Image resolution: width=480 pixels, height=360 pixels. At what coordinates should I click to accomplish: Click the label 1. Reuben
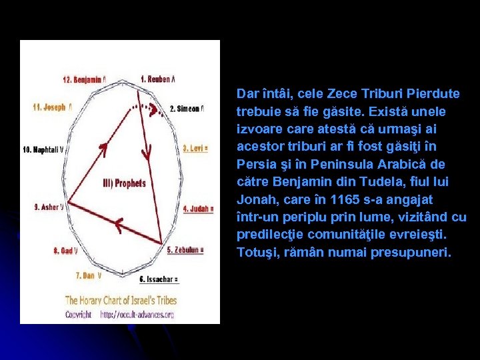coord(157,79)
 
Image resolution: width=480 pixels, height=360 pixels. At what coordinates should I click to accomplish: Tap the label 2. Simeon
coord(187,109)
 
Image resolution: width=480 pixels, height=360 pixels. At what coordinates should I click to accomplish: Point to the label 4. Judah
coord(198,209)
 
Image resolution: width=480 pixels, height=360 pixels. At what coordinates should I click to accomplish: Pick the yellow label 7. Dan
coord(89,275)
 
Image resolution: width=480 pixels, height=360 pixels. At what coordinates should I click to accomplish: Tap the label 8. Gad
coord(65,251)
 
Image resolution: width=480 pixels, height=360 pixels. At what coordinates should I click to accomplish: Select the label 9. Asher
coord(49,207)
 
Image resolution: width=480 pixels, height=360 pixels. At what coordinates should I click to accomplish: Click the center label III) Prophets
coord(124,183)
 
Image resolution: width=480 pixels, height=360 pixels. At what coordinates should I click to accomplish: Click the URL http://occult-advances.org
coord(137,314)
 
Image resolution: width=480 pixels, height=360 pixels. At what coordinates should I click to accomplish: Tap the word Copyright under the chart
coord(78,314)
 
